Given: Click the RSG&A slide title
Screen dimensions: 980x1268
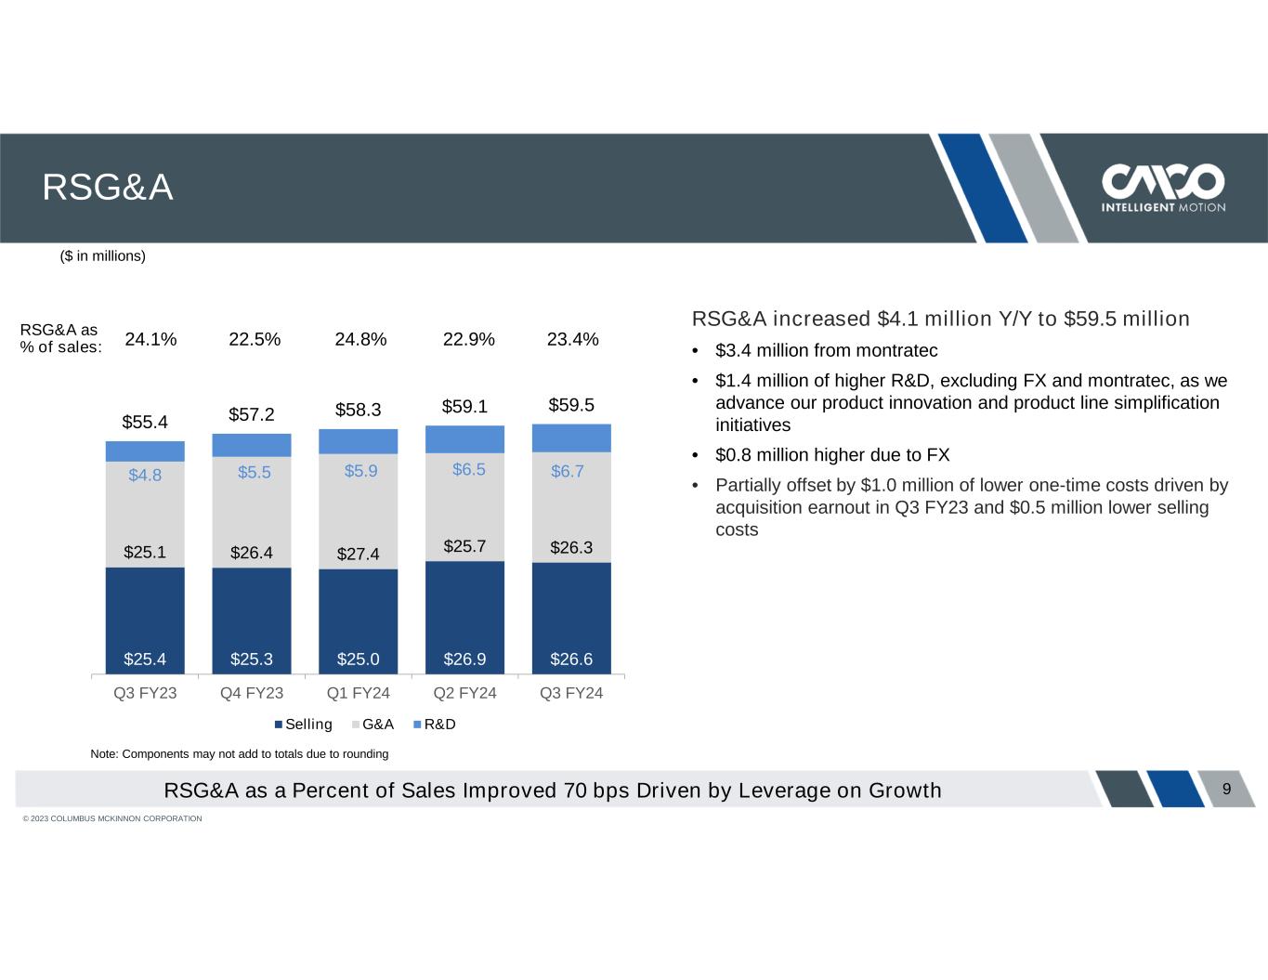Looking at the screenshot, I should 108,189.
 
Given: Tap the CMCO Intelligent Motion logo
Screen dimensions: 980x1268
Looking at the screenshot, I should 1162,189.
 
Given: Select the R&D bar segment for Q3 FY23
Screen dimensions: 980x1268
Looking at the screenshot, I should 145,451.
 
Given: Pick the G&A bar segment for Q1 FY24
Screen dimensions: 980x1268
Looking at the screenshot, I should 358,511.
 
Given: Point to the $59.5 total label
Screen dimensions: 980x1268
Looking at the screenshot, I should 571,405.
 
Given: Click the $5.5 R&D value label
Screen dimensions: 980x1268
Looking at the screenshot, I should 254,472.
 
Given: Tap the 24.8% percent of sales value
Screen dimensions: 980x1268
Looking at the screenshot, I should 360,339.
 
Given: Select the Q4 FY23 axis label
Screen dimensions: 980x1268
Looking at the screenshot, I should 252,693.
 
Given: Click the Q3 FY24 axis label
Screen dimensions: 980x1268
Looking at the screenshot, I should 571,693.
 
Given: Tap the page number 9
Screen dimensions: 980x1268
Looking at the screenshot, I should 1226,790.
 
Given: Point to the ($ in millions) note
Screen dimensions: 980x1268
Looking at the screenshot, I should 102,255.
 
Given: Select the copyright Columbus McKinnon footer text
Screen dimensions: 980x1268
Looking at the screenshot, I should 112,818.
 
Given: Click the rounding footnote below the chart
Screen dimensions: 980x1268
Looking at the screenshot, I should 239,753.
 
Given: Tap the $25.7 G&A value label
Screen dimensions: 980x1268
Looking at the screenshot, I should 464,546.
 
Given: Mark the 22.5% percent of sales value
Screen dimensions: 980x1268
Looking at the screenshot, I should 255,339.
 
